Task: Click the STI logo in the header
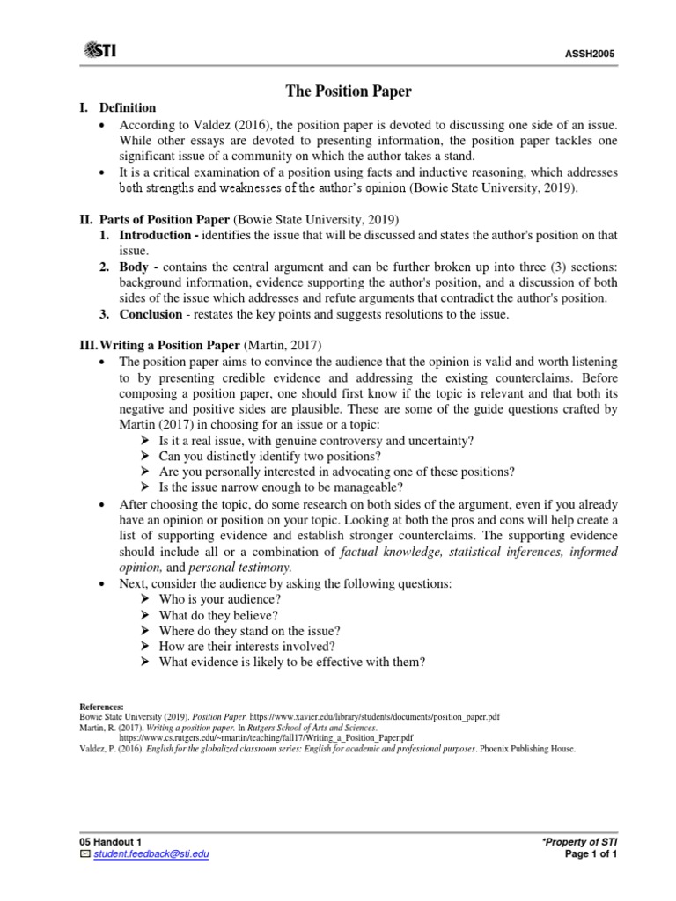pyautogui.click(x=98, y=49)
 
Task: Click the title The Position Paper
pyautogui.click(x=337, y=91)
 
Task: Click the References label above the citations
pyautogui.click(x=102, y=707)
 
